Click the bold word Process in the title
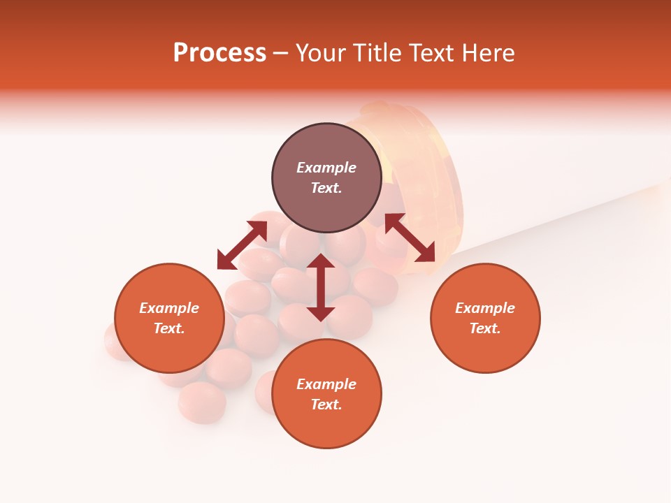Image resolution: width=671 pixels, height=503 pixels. (219, 53)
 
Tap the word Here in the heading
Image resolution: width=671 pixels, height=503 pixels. (486, 53)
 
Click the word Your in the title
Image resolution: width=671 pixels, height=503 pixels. (322, 53)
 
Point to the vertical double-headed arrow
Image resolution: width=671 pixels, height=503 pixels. (321, 287)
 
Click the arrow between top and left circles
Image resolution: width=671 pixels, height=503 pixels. (242, 245)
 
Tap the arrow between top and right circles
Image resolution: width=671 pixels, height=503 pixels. (410, 238)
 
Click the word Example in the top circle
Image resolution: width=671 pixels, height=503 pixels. (326, 168)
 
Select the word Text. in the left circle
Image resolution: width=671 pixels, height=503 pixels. (169, 328)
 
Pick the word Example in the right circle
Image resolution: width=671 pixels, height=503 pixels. (485, 308)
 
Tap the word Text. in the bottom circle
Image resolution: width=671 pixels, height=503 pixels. (326, 404)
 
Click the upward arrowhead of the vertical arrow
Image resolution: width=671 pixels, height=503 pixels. (321, 262)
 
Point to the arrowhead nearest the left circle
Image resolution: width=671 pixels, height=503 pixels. (226, 261)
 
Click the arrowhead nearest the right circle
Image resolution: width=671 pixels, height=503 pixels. (426, 254)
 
